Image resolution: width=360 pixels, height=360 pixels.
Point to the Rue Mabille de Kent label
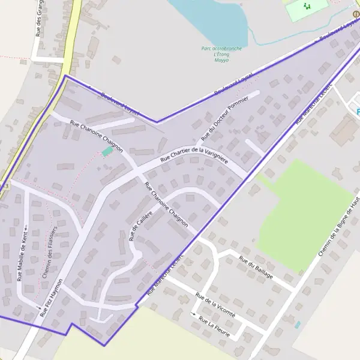19,259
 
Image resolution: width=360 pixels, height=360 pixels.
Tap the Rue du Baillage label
256,268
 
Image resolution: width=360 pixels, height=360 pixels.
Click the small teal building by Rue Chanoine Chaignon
107,152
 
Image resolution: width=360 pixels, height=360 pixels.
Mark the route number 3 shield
5,187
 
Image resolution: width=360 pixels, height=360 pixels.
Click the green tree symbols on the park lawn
308,7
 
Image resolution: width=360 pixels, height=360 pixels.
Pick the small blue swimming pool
298,325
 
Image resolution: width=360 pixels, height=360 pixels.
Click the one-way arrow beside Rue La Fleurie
194,314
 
